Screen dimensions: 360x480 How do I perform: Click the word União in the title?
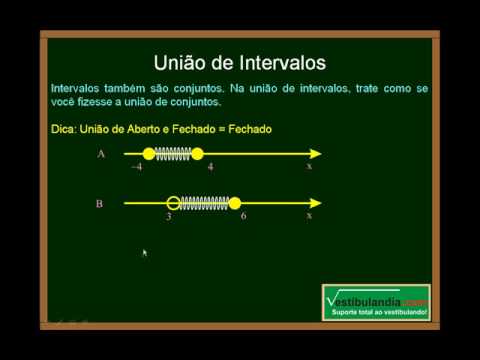tap(188, 63)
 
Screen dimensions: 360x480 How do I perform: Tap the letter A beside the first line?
tap(101, 154)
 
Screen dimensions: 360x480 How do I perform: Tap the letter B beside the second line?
tap(100, 203)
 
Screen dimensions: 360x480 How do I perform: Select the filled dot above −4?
tap(149, 154)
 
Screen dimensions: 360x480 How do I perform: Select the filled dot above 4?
tap(197, 154)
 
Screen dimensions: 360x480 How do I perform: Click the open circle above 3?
tap(173, 203)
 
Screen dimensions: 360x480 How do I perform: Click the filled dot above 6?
tap(235, 203)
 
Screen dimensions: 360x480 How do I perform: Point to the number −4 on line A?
tap(136, 168)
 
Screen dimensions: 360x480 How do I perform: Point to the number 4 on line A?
tap(210, 168)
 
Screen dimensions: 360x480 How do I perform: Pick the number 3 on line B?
tap(169, 216)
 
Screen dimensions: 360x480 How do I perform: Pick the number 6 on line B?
tap(244, 216)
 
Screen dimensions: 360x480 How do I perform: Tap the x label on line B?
tap(309, 215)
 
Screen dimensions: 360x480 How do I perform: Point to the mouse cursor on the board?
tap(145, 253)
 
